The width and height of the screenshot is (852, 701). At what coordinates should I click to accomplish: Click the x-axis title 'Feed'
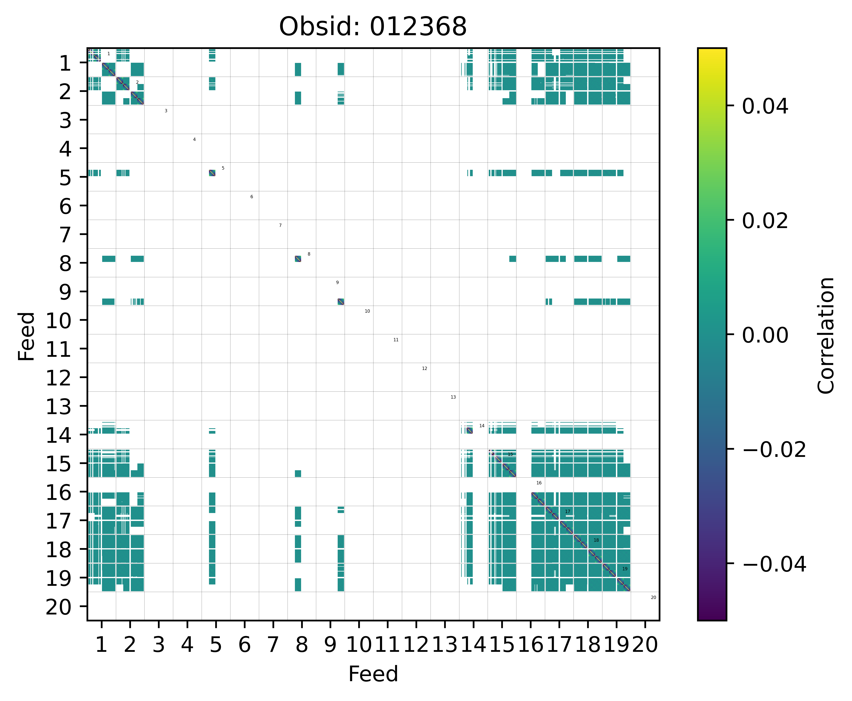point(373,674)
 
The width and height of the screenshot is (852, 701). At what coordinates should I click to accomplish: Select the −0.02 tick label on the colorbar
point(774,450)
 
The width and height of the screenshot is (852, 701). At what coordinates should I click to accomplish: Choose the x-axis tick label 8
point(301,644)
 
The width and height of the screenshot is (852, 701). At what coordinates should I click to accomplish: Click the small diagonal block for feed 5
point(212,173)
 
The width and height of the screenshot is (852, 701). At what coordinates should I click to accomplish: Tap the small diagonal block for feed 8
point(298,259)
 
